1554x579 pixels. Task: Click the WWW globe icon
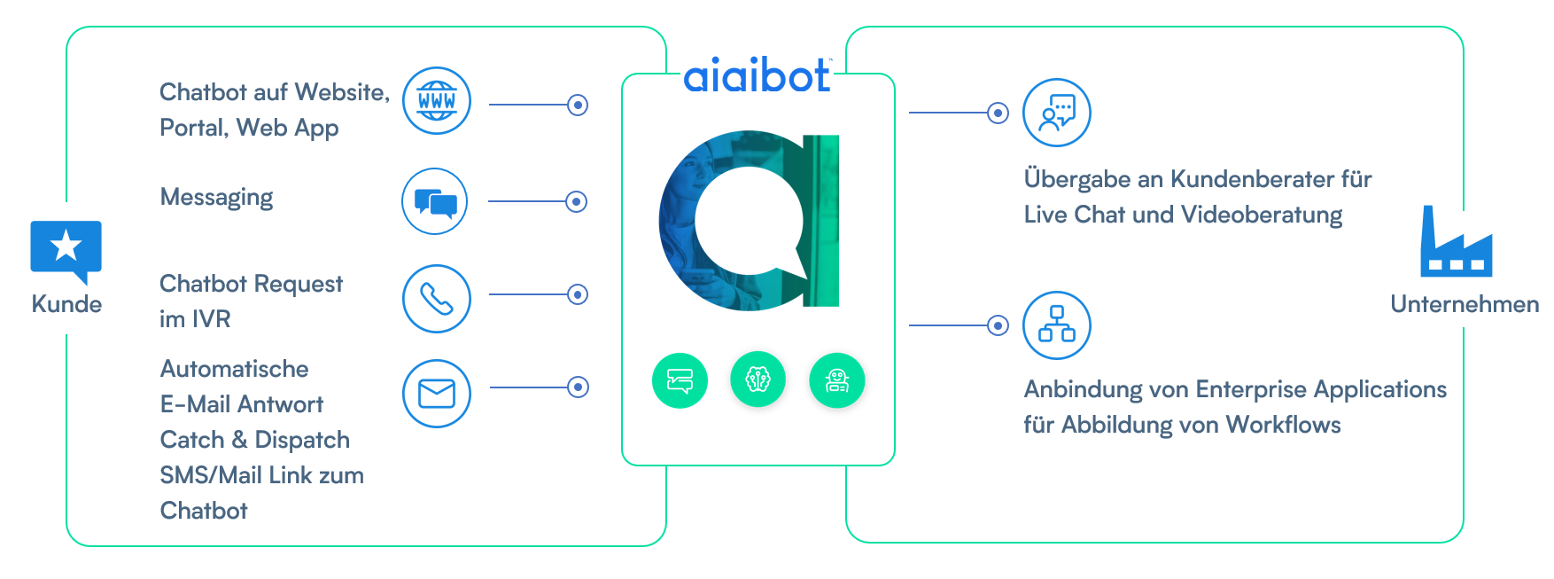click(437, 101)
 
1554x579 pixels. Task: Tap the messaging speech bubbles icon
click(435, 202)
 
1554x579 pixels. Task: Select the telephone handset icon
click(437, 299)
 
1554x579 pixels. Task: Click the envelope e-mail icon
click(437, 394)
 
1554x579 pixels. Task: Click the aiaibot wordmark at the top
click(758, 76)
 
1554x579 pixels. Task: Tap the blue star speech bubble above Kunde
click(66, 249)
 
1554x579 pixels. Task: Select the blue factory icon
click(1456, 244)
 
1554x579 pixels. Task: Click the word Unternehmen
click(1465, 304)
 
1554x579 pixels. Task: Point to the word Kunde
click(66, 304)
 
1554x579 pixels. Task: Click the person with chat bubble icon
click(1057, 113)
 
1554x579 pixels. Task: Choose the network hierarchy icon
click(1057, 325)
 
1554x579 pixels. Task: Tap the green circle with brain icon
click(758, 380)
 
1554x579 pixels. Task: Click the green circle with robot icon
click(836, 380)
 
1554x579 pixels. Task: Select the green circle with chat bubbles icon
click(680, 380)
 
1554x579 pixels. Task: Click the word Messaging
click(216, 197)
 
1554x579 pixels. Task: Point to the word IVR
click(212, 319)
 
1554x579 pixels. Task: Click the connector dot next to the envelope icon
click(578, 387)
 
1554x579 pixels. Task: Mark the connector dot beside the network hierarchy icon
click(998, 325)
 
